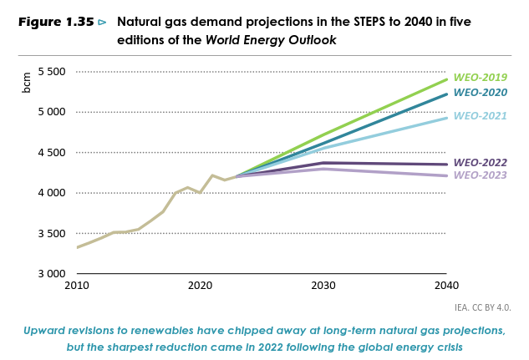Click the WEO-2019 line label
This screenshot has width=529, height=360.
[480, 78]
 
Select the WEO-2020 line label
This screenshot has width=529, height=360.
[480, 92]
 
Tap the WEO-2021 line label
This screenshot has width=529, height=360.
[480, 116]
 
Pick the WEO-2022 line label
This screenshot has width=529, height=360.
[480, 163]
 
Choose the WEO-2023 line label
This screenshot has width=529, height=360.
[480, 175]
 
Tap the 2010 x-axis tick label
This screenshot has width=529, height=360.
[76, 286]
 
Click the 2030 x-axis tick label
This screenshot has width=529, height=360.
[323, 286]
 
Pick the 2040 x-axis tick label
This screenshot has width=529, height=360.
[446, 286]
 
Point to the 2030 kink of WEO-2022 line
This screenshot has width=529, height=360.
[323, 163]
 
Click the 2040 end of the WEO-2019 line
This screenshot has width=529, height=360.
[446, 80]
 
